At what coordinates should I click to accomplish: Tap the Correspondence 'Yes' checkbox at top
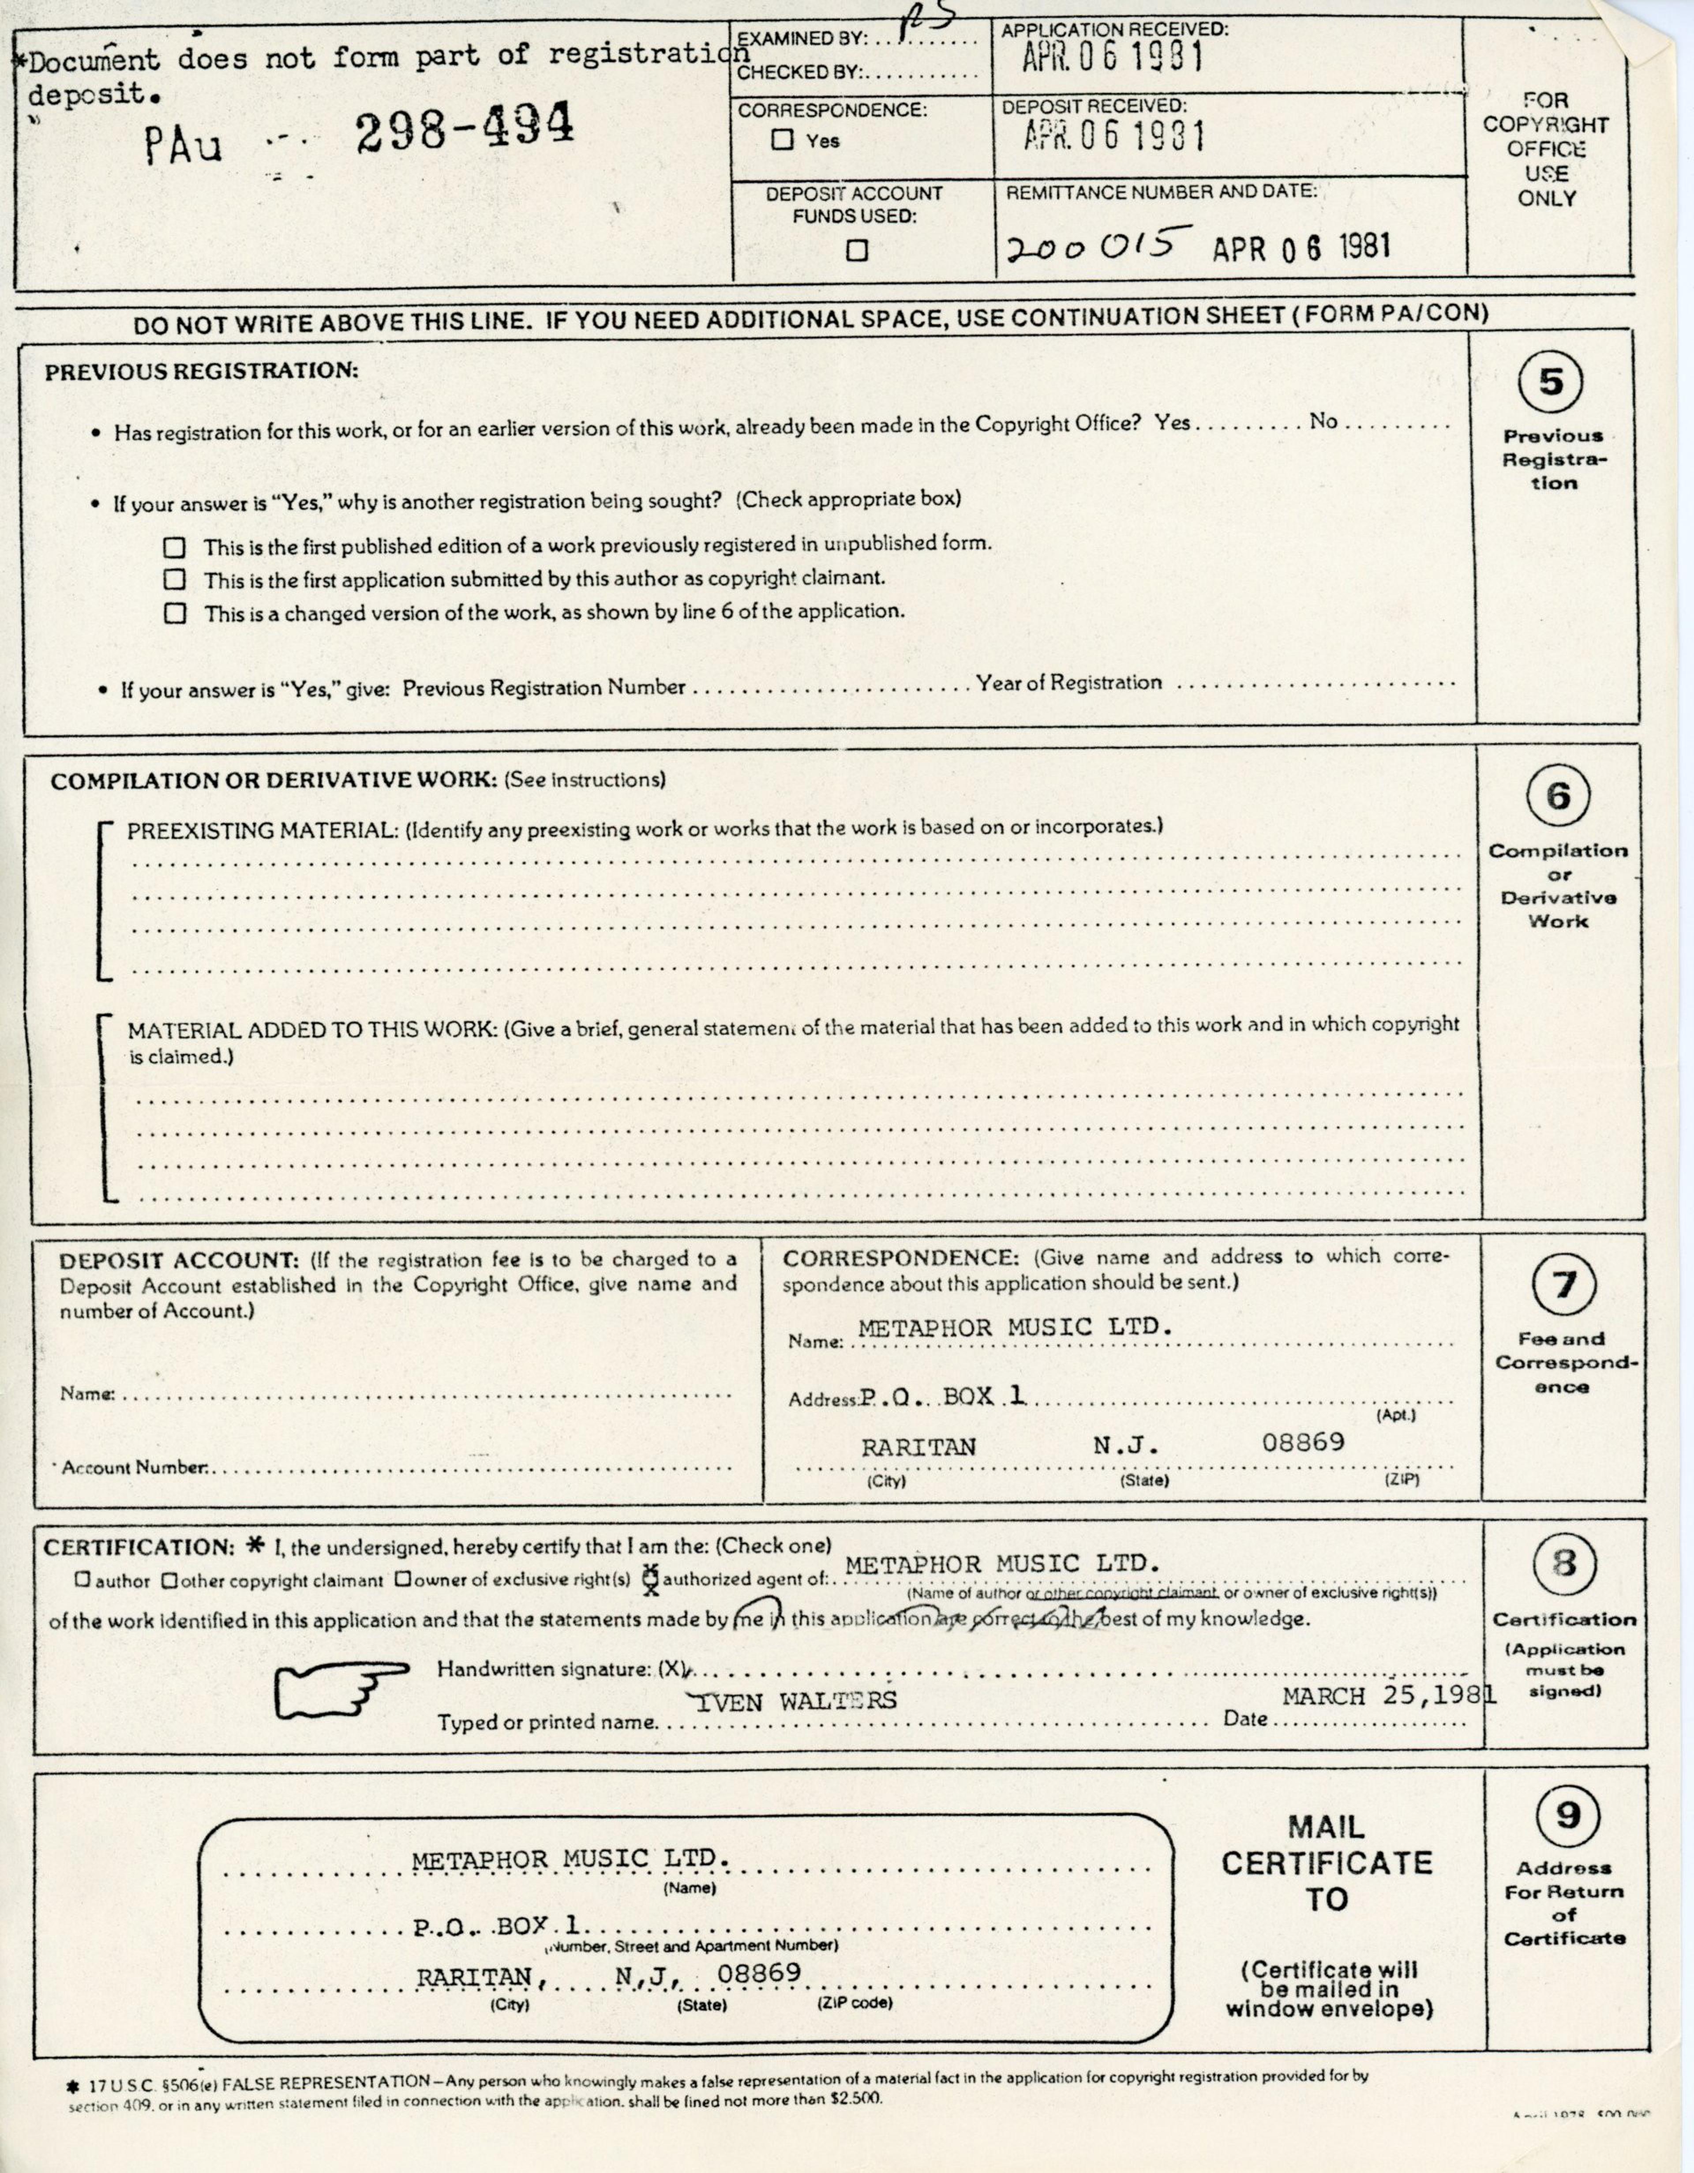coord(783,140)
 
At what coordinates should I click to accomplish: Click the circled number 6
coord(1558,796)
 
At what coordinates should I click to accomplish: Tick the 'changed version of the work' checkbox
coord(175,613)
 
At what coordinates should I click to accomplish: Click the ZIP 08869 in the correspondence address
coord(1303,1442)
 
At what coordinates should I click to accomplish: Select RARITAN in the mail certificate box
coord(477,1978)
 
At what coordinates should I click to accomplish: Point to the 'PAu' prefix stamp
coord(183,146)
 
